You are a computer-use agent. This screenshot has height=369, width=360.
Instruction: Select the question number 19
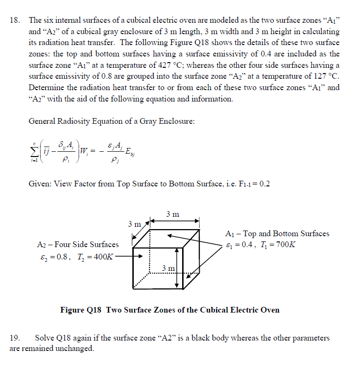[14, 338]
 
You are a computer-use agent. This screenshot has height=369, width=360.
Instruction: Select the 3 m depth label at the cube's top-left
[135, 223]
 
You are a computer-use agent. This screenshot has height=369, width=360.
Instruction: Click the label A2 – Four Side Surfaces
[77, 244]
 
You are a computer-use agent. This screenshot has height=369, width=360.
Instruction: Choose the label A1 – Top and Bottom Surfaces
[277, 233]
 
